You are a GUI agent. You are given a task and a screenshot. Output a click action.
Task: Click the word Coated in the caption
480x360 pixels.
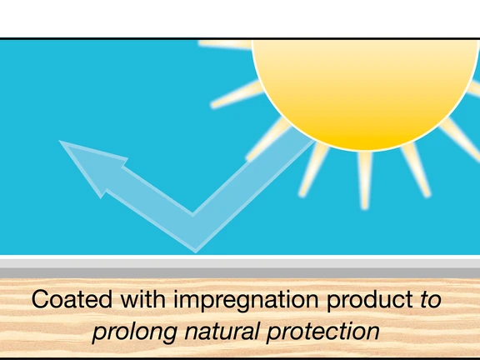(72, 299)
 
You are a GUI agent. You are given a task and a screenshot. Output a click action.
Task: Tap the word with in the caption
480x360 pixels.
(143, 299)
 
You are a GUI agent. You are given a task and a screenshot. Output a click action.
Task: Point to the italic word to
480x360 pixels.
(431, 300)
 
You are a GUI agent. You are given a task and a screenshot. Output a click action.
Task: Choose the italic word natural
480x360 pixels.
(222, 331)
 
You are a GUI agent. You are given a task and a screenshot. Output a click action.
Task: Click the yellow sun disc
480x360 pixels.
(365, 92)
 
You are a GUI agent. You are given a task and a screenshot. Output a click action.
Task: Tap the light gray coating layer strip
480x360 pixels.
(240, 263)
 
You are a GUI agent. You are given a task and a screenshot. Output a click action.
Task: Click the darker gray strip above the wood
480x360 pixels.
(240, 273)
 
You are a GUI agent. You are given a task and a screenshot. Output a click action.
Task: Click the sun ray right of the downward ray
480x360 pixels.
(416, 170)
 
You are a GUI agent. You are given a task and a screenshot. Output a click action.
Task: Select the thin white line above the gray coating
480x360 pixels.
(240, 257)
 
